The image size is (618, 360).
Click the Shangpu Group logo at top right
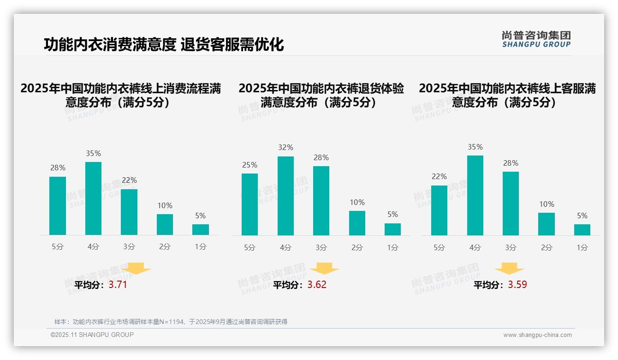(536, 39)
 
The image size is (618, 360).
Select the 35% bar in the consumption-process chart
(93, 198)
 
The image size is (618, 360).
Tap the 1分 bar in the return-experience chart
(392, 229)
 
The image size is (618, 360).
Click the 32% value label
(285, 148)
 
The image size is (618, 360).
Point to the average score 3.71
(118, 285)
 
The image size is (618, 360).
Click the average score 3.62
(317, 285)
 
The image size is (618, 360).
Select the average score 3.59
(517, 285)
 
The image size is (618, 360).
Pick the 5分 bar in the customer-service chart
(439, 210)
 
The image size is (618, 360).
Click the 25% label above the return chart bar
(250, 165)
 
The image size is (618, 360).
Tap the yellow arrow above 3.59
(509, 269)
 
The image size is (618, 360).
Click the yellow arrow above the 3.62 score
(324, 269)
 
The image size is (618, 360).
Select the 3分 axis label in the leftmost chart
(129, 247)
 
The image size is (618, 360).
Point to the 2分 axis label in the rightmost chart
(547, 248)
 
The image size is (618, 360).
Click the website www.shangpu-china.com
(537, 335)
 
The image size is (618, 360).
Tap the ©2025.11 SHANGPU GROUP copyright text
(92, 335)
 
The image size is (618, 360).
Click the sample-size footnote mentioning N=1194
(171, 322)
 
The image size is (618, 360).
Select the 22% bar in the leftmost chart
(129, 212)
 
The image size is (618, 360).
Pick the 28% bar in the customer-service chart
(511, 204)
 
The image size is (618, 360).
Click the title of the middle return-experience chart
(321, 95)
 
